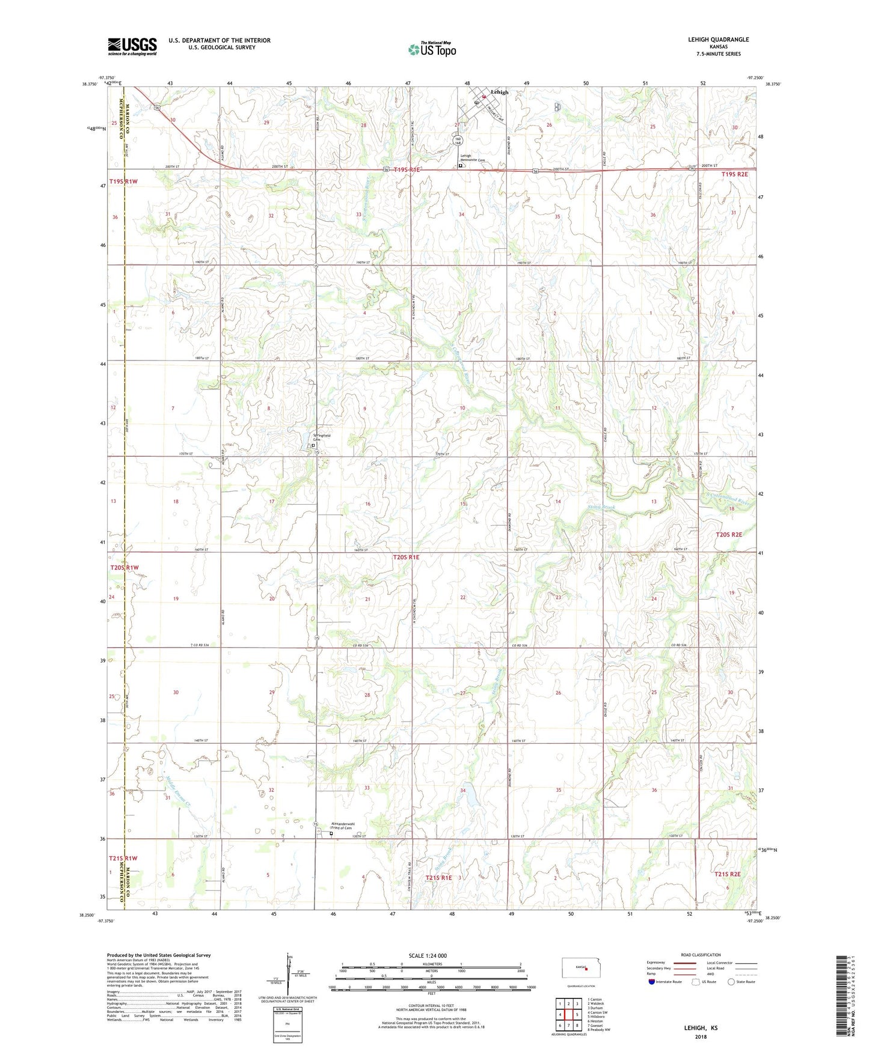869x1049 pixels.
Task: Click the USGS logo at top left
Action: click(132, 46)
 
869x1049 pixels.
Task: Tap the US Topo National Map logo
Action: click(432, 49)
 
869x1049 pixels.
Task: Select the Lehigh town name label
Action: click(499, 92)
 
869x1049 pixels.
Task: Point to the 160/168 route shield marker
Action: click(457, 141)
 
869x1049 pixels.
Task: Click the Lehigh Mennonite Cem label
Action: click(473, 158)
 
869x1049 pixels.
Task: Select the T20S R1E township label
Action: click(406, 558)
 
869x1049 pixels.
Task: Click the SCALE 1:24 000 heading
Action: click(428, 956)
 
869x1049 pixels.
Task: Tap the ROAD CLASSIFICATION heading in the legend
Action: click(700, 955)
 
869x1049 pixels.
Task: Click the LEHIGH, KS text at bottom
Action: click(701, 1028)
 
